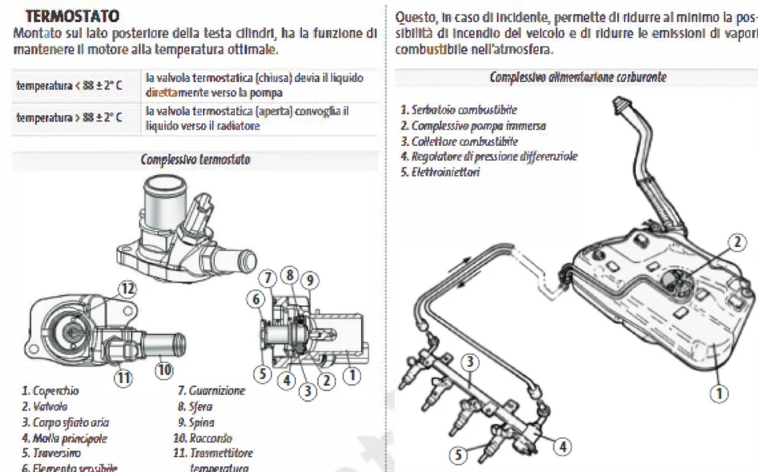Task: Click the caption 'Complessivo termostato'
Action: click(x=195, y=159)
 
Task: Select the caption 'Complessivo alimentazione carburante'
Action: click(x=577, y=77)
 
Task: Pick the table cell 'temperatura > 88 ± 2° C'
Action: click(x=69, y=118)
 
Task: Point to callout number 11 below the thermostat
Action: click(x=123, y=377)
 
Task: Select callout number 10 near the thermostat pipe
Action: click(x=163, y=368)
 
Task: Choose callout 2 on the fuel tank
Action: click(x=736, y=242)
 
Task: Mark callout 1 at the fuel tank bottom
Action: click(x=719, y=391)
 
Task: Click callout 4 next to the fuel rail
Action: click(x=562, y=446)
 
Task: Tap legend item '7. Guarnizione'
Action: click(x=212, y=391)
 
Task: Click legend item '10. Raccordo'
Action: click(x=205, y=438)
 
